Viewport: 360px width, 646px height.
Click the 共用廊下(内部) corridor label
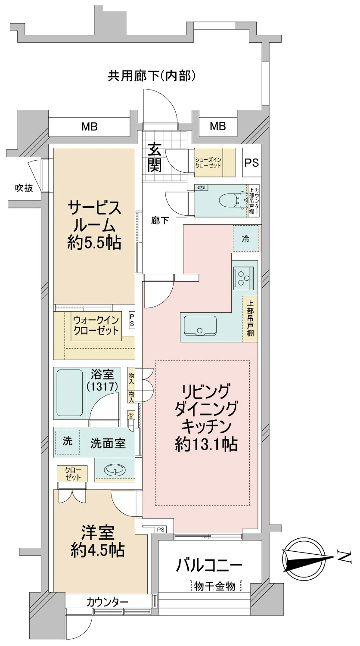[152, 77]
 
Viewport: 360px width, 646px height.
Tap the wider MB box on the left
[90, 127]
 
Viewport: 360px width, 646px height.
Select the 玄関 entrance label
[155, 157]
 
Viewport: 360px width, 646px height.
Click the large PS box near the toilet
[251, 163]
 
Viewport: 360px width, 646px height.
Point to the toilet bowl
[228, 200]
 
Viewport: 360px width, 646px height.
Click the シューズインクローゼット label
[208, 163]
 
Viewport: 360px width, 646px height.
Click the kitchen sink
[200, 326]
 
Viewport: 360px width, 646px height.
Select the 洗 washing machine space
[68, 441]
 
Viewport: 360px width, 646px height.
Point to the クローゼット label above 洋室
[72, 473]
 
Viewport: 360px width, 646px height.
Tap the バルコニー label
[210, 564]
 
